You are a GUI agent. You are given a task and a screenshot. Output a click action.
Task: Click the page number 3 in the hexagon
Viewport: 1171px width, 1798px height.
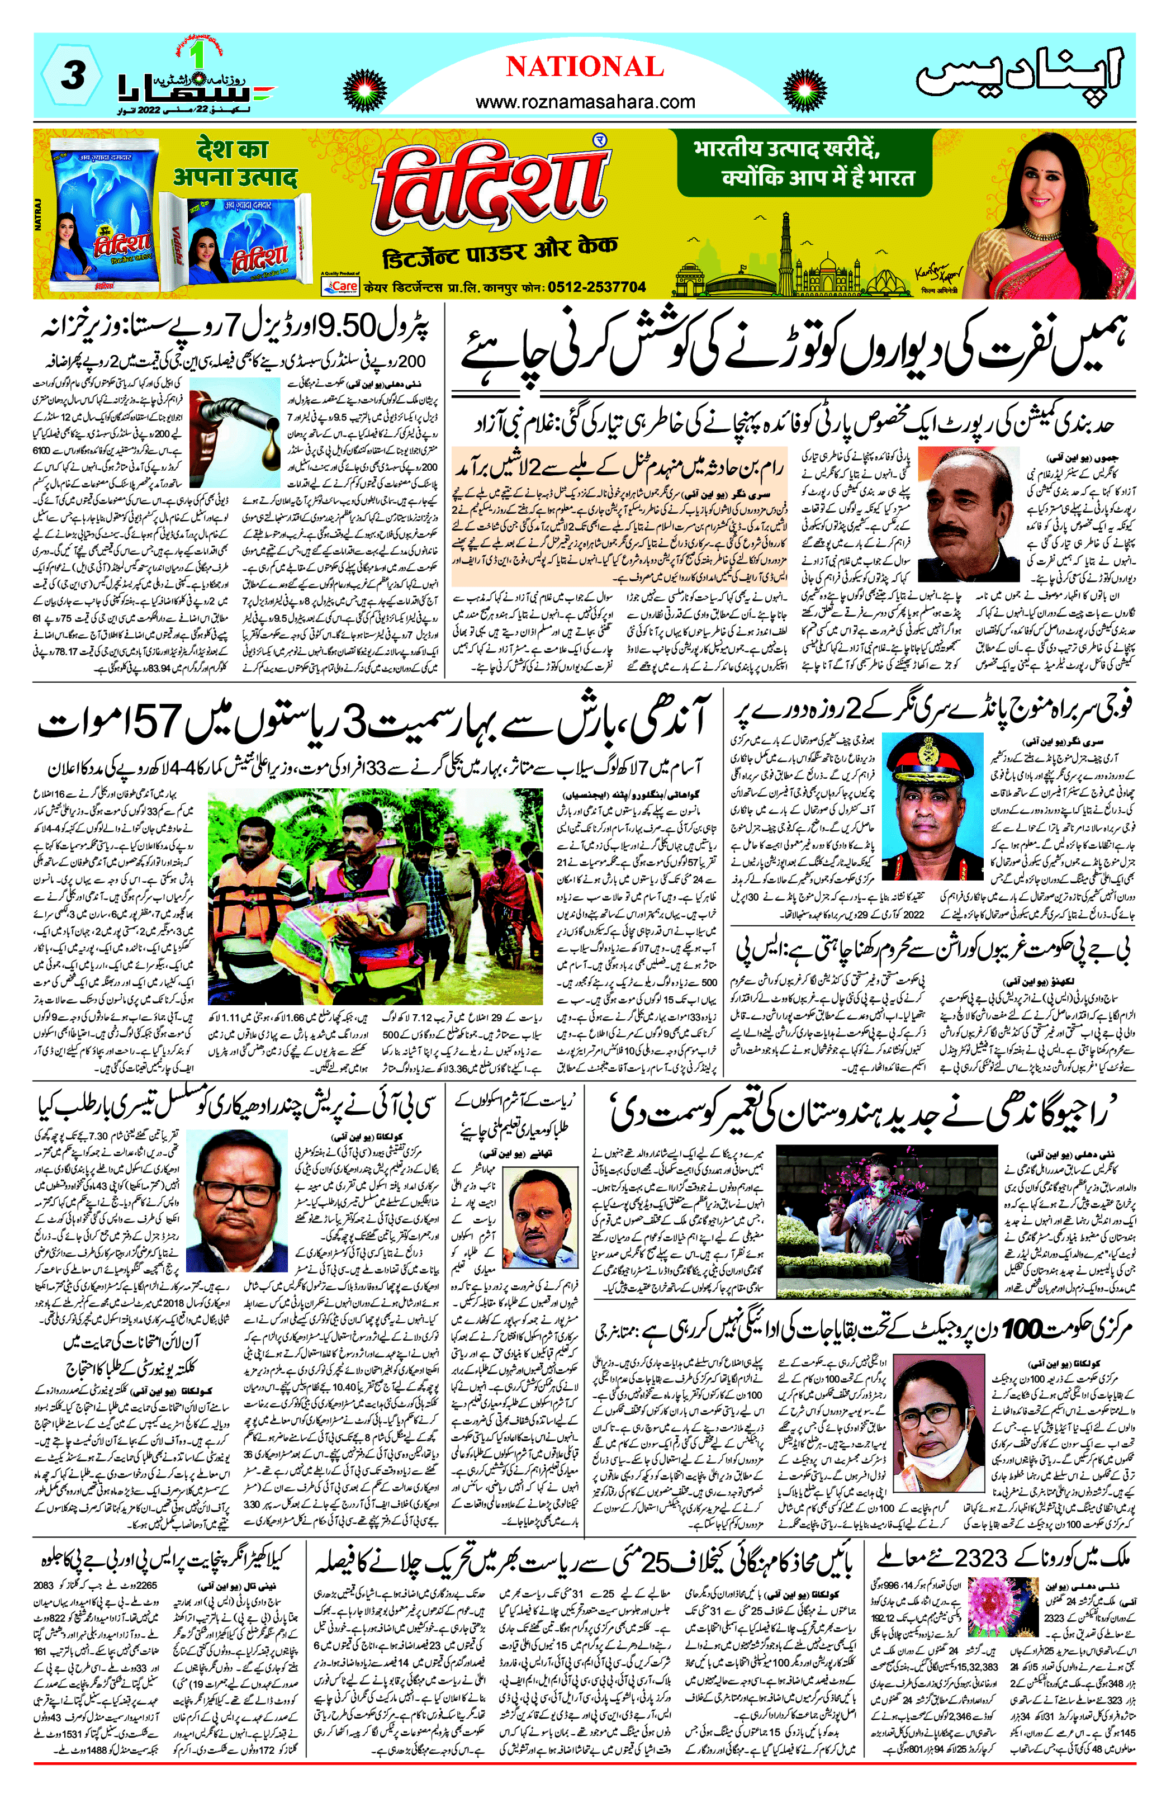(x=72, y=75)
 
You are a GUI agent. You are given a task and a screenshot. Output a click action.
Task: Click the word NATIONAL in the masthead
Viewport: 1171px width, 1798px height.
(x=584, y=67)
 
